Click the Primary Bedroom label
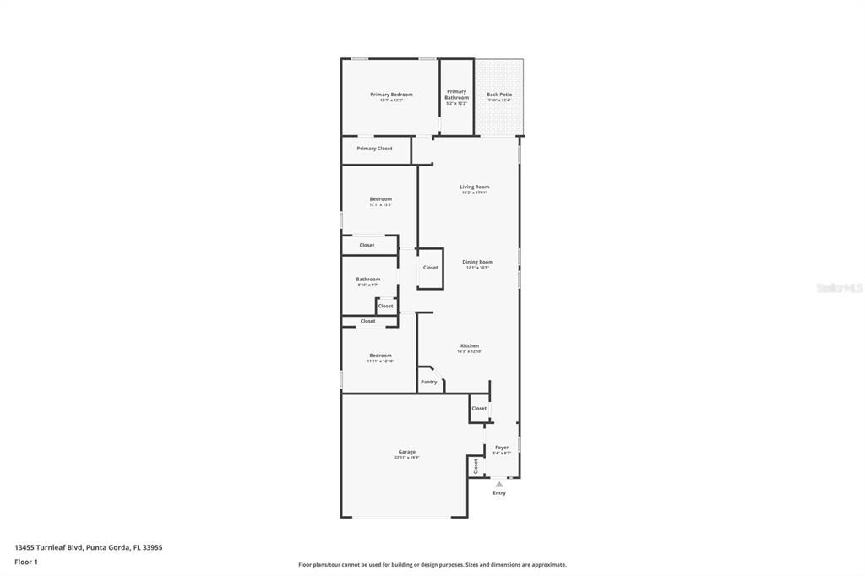391,95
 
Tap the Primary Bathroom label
456,95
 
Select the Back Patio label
499,95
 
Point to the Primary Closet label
374,149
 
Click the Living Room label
474,187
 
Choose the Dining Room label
477,262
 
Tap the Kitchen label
470,345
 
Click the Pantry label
429,382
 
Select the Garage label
406,452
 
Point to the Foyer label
502,448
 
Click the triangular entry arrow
499,484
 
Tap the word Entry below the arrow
499,493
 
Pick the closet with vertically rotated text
476,466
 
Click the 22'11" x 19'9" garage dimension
406,458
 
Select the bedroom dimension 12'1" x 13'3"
380,205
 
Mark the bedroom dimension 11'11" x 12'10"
380,361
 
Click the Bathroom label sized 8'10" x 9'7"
367,280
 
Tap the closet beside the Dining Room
431,268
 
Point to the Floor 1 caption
26,562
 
